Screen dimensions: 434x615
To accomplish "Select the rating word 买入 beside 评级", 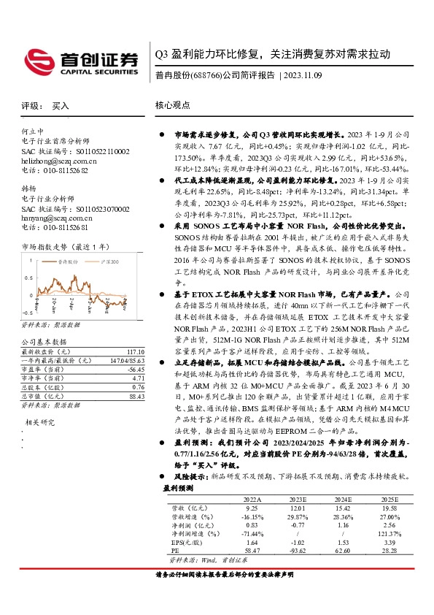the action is point(61,106).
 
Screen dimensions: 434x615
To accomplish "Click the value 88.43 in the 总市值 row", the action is point(131,397).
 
